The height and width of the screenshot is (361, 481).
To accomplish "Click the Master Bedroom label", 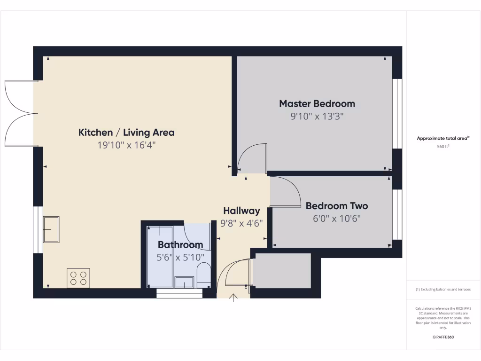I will [x=317, y=103].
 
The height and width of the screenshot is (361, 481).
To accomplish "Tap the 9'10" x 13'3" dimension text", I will [x=317, y=116].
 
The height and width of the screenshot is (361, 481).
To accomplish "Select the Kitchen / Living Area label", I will [x=126, y=133].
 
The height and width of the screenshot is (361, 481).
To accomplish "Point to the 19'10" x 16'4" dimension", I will [x=126, y=145].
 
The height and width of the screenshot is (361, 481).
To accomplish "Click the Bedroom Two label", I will [x=337, y=206].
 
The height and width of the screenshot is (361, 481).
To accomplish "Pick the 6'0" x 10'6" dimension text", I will [x=337, y=218].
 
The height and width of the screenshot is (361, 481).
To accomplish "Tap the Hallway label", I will [x=241, y=211].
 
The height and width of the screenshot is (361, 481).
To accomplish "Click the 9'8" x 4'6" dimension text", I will [x=241, y=223].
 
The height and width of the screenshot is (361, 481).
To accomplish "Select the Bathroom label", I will [x=180, y=244].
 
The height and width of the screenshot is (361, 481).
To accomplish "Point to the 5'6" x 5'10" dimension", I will [x=180, y=257].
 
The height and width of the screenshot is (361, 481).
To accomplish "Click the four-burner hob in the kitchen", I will [x=78, y=278].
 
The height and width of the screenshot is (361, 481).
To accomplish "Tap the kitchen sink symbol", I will [x=51, y=229].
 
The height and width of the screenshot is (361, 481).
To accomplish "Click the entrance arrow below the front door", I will [x=233, y=298].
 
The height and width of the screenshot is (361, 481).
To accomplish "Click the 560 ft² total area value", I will [x=443, y=146].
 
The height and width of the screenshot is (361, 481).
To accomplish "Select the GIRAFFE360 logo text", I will [x=443, y=337].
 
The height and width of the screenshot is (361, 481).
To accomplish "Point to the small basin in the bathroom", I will [x=184, y=282].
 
